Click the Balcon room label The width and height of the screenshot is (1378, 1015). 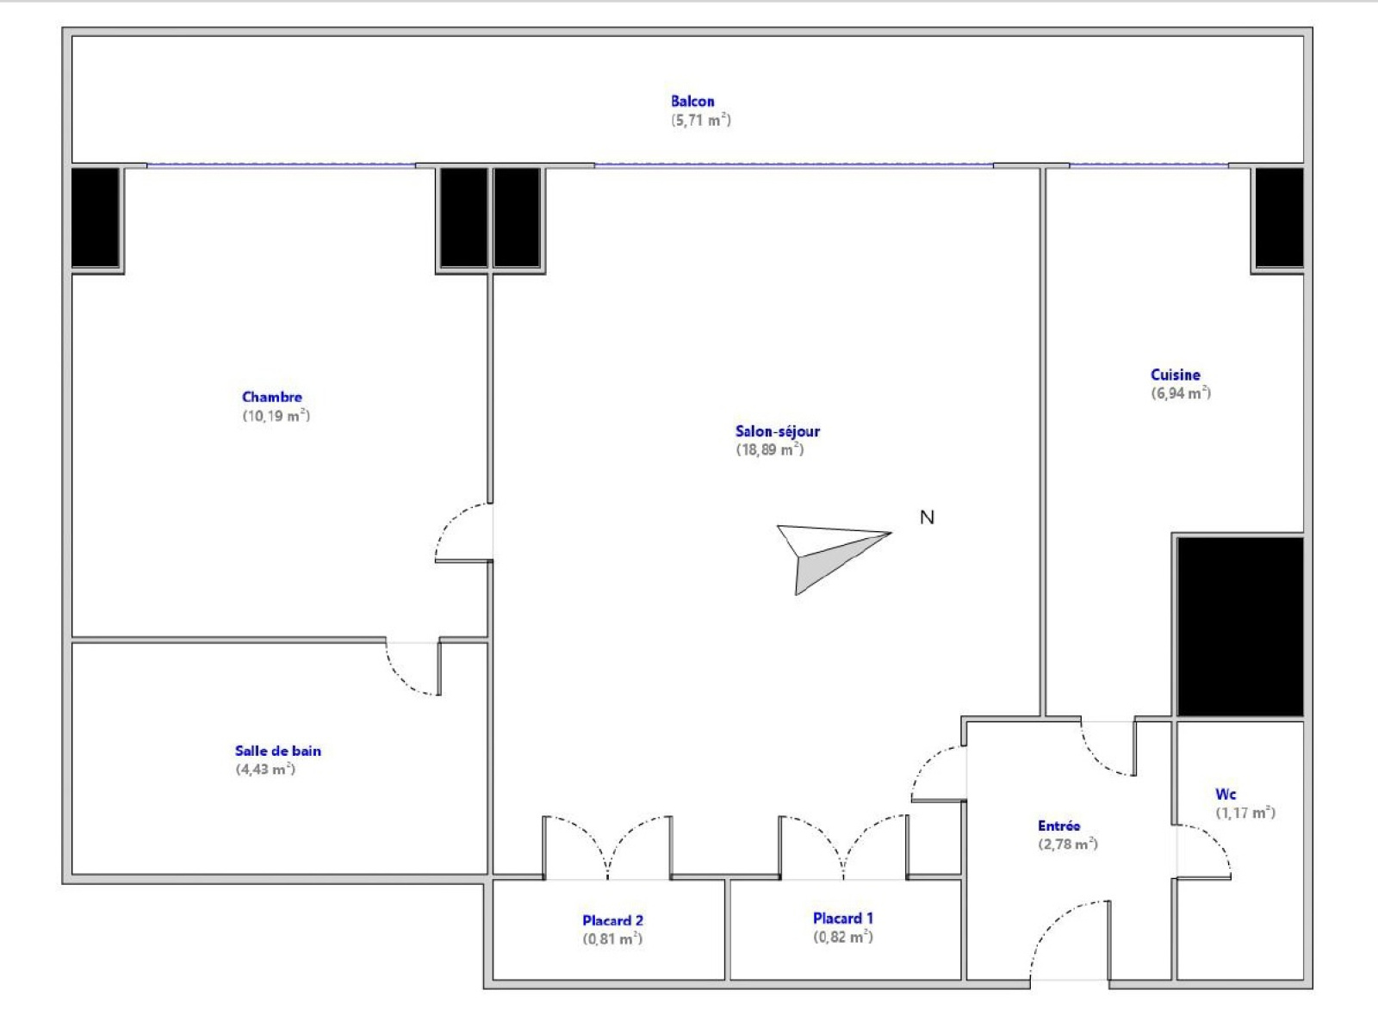[x=692, y=102]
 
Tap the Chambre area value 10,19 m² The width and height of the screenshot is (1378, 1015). [x=276, y=416]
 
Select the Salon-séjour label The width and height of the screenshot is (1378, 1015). [x=778, y=431]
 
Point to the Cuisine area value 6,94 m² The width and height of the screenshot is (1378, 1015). [x=1181, y=393]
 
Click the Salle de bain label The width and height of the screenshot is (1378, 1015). [x=278, y=751]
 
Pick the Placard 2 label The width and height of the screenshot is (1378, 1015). [x=612, y=920]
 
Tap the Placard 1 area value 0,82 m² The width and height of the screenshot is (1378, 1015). [x=843, y=937]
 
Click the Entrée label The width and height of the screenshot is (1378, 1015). [x=1058, y=826]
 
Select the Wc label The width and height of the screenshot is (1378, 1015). [x=1226, y=795]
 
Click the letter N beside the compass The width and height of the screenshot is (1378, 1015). [x=927, y=517]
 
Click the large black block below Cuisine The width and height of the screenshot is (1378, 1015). [x=1240, y=627]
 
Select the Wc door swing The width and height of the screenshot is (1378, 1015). [x=1215, y=841]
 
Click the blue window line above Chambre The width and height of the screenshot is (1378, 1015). [x=281, y=164]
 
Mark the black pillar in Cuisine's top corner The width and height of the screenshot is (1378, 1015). [x=1279, y=219]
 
